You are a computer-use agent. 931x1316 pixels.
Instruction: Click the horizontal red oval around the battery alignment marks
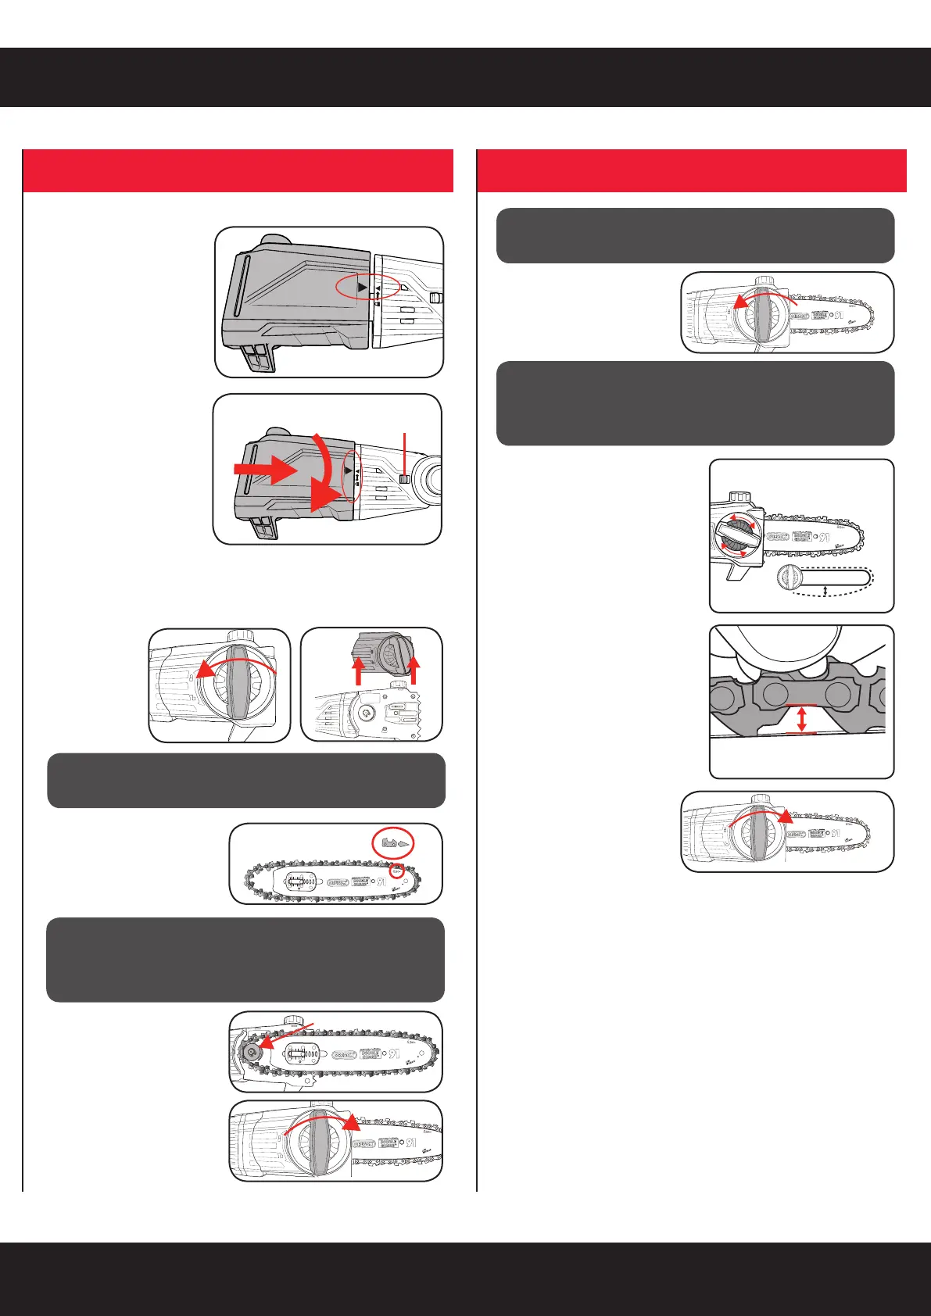[x=367, y=288]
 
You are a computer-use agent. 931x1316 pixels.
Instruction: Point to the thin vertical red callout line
[x=404, y=452]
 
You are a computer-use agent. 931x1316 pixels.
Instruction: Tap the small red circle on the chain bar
[x=396, y=871]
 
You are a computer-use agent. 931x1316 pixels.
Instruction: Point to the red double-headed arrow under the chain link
[x=800, y=718]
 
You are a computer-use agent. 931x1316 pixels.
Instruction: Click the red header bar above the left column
[x=238, y=170]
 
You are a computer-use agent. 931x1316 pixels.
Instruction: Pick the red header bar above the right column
[x=691, y=170]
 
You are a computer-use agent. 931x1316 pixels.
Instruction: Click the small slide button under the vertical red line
[x=405, y=479]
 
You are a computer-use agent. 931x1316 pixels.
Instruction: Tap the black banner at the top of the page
[x=465, y=77]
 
